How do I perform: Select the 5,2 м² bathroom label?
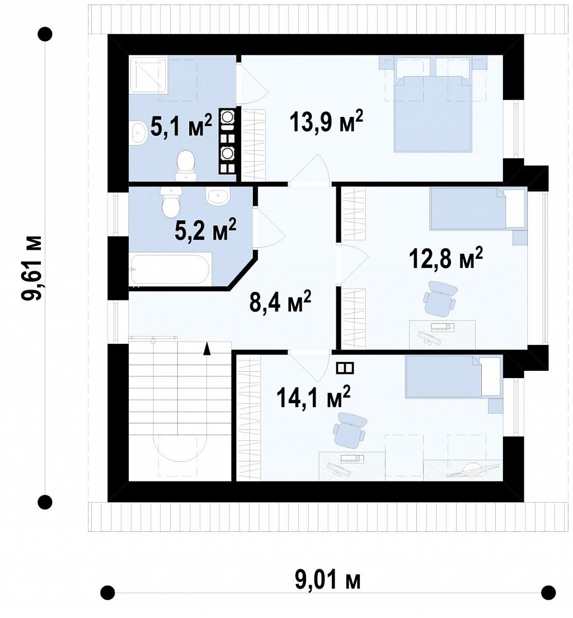[x=205, y=229]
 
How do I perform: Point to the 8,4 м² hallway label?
[x=280, y=301]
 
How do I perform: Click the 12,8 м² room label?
[x=447, y=258]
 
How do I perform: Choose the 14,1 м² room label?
[x=313, y=397]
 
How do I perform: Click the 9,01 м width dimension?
[x=327, y=579]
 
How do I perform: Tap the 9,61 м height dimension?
[x=31, y=268]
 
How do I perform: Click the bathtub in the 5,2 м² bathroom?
[x=170, y=269]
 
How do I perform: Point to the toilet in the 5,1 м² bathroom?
[x=186, y=166]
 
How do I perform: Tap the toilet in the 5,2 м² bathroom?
[x=171, y=202]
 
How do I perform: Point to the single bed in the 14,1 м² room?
[x=453, y=376]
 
